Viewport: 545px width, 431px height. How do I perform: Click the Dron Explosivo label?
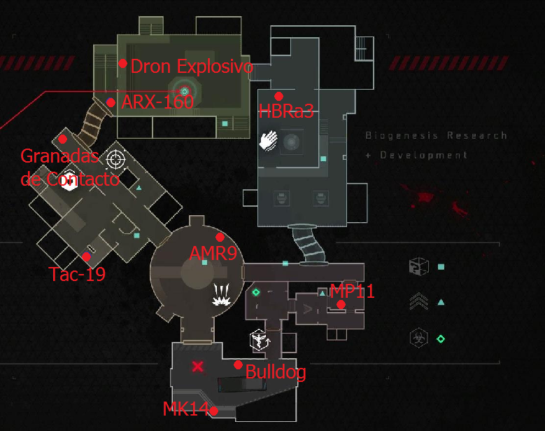191,67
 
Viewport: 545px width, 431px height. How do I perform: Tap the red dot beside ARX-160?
111,102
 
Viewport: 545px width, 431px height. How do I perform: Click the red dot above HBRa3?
278,96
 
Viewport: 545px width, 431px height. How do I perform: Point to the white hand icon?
269,140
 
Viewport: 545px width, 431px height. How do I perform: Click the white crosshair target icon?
116,160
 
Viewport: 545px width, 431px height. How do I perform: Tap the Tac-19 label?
77,274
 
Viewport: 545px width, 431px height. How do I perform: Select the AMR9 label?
213,253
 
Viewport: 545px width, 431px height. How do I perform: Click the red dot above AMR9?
220,237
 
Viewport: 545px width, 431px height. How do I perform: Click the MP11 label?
352,292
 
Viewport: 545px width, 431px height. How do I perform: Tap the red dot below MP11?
341,304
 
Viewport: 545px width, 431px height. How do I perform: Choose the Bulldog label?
275,372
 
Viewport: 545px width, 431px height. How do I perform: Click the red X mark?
198,366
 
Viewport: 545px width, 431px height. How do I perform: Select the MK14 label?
185,409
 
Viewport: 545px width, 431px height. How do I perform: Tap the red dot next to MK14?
213,411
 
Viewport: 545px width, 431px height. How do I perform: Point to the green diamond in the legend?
441,339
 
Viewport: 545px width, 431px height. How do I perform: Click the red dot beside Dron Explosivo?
122,63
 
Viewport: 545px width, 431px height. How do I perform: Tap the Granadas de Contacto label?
70,167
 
